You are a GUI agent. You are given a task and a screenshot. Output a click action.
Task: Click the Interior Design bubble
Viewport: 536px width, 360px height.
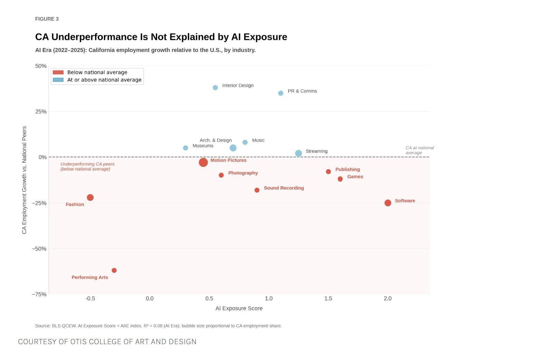click(215, 88)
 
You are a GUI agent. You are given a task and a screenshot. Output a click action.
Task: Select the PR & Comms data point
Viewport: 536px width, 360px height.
click(281, 93)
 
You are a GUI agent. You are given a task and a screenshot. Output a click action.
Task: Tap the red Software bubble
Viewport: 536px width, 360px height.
click(388, 203)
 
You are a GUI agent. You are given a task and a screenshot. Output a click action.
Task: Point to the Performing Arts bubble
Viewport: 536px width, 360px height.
click(114, 271)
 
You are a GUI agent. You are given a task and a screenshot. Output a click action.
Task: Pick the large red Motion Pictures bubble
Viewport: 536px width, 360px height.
click(203, 162)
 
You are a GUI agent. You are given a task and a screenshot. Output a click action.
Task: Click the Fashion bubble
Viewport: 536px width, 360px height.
click(90, 198)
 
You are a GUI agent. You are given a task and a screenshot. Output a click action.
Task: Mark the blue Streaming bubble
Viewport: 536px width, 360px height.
click(298, 153)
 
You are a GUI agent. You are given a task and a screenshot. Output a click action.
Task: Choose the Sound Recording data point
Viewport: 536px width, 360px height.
click(257, 190)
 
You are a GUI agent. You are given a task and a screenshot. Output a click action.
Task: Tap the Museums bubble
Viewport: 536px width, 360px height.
click(185, 148)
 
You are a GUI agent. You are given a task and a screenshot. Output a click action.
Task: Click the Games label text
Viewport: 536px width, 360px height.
click(355, 177)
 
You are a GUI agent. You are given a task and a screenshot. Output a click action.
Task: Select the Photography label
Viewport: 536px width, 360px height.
click(243, 173)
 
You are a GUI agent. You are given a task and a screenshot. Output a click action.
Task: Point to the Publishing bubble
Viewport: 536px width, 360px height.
click(328, 172)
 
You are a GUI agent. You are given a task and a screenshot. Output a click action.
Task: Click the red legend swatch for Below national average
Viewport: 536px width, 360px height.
click(58, 73)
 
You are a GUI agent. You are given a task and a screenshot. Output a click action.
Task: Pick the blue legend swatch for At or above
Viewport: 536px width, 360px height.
click(58, 80)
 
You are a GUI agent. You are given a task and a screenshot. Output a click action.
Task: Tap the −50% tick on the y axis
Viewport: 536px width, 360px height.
click(39, 249)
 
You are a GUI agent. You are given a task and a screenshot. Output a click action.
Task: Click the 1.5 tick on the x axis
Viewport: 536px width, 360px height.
click(328, 299)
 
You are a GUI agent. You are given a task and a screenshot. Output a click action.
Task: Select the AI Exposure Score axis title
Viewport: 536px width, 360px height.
click(239, 309)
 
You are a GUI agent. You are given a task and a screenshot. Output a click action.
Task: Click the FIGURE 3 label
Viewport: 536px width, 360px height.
click(47, 19)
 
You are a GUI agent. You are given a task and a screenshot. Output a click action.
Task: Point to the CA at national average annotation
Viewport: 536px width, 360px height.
click(419, 150)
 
